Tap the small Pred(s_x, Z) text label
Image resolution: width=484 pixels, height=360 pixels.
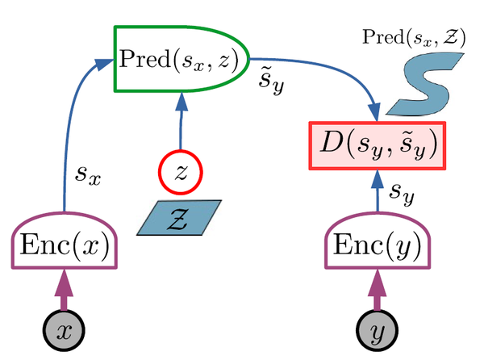(x=413, y=38)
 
